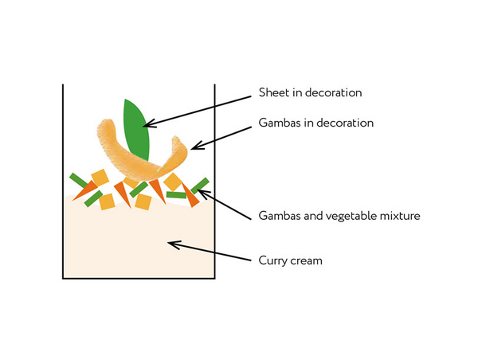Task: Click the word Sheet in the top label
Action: (x=273, y=92)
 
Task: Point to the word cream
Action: (x=308, y=260)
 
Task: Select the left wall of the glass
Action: (x=64, y=183)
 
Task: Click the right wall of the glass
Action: (x=215, y=183)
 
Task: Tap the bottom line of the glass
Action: (x=139, y=278)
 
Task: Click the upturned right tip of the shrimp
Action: (x=180, y=143)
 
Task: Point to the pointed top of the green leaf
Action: (x=127, y=100)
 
